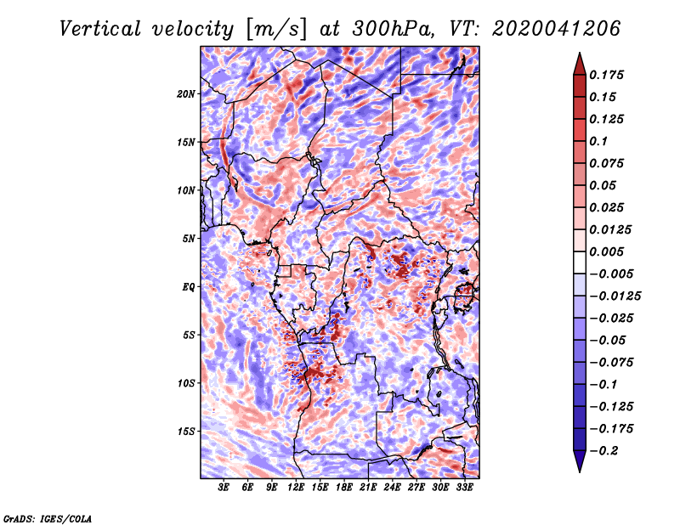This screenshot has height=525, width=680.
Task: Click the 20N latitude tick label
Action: pos(186,94)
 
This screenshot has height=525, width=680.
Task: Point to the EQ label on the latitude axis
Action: pos(188,287)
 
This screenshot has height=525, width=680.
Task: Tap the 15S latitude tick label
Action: pos(186,432)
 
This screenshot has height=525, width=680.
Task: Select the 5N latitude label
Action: pos(189,239)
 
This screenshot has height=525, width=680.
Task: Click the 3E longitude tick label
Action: pos(224,487)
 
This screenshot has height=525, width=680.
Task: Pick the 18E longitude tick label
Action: pos(344,487)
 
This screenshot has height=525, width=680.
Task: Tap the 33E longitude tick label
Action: pos(464,487)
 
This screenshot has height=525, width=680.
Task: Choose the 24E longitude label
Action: pos(392,487)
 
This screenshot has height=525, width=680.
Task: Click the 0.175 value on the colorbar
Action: pos(606,75)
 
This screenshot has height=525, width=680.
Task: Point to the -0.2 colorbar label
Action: pos(603,451)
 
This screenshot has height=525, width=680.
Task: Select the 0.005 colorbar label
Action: pos(606,251)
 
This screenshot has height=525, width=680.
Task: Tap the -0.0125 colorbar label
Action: pos(615,296)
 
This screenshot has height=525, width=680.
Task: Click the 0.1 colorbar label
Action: pos(598,141)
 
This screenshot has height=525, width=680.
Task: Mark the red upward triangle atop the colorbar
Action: pos(580,64)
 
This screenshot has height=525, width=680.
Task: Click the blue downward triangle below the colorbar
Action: pos(580,461)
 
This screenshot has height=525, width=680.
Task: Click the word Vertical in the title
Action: pos(100,29)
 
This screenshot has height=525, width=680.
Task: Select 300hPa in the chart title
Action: pos(393,29)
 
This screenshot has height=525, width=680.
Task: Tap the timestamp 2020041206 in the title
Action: pos(556,29)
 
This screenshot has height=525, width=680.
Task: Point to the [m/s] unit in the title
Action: pos(275,30)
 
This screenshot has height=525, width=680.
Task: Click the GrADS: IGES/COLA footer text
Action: pos(48,518)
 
